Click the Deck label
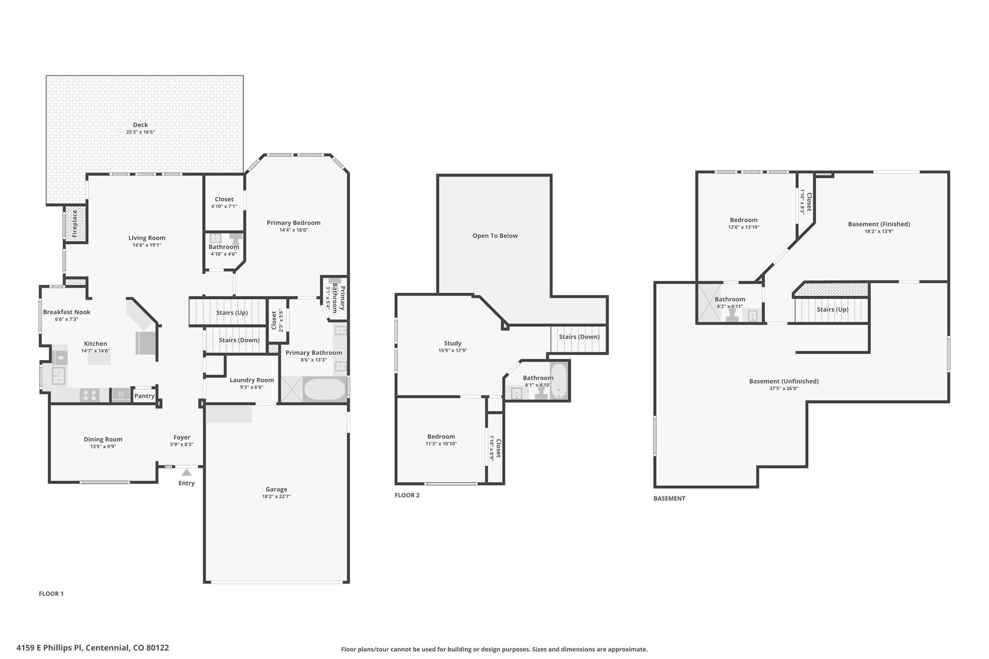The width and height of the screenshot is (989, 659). pyautogui.click(x=141, y=125)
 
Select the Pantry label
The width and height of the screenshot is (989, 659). pyautogui.click(x=144, y=396)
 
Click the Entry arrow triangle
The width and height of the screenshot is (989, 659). pyautogui.click(x=186, y=473)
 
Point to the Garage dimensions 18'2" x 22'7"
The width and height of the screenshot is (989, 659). pyautogui.click(x=276, y=496)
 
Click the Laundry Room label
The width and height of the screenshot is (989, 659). pyautogui.click(x=252, y=380)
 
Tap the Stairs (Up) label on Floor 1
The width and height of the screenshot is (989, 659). pyautogui.click(x=232, y=312)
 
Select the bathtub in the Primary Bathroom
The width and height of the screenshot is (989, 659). pyautogui.click(x=325, y=389)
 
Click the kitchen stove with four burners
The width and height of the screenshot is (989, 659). pyautogui.click(x=89, y=395)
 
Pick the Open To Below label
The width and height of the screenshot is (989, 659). pyautogui.click(x=495, y=236)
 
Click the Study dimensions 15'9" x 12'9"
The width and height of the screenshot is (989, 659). pyautogui.click(x=452, y=351)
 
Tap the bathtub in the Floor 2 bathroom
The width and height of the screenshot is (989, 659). pyautogui.click(x=558, y=381)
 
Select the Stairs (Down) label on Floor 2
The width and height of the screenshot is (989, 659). pyautogui.click(x=579, y=337)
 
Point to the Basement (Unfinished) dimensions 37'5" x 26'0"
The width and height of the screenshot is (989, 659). pyautogui.click(x=784, y=388)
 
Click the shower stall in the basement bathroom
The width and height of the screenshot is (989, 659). pyautogui.click(x=706, y=303)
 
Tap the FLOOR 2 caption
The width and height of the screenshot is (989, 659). pyautogui.click(x=407, y=495)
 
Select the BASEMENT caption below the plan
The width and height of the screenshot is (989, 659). pyautogui.click(x=669, y=498)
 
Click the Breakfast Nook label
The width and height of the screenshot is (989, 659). pyautogui.click(x=67, y=312)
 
